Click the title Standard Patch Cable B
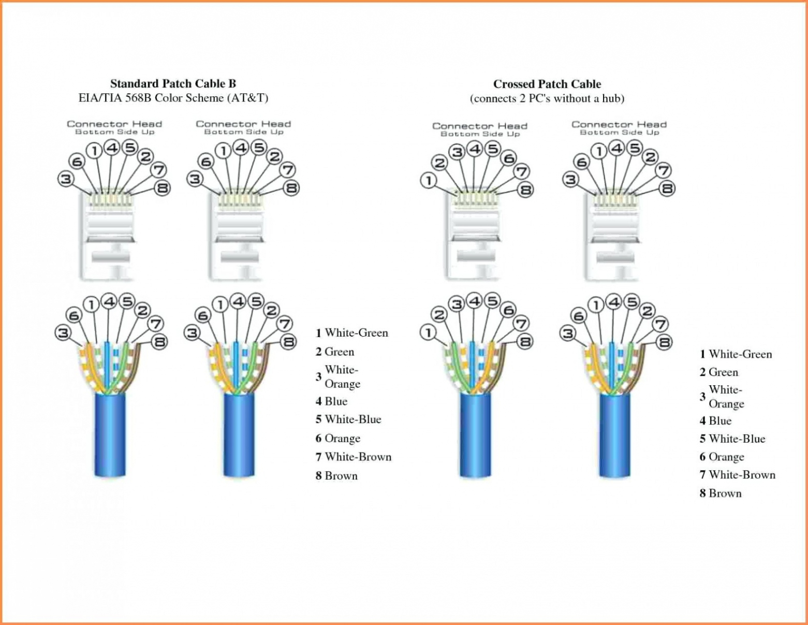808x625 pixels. tap(173, 83)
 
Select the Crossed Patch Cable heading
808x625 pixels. tap(547, 84)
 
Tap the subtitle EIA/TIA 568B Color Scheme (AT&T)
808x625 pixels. tap(173, 98)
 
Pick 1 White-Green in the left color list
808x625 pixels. tap(352, 333)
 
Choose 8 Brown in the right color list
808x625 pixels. tap(721, 493)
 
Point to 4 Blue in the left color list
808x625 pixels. tap(331, 401)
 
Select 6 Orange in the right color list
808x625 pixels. tap(722, 457)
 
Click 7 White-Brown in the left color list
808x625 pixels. tap(354, 457)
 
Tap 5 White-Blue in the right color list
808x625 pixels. tap(732, 439)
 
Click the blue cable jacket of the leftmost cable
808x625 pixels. tap(110, 435)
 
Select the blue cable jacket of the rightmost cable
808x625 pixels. tap(615, 435)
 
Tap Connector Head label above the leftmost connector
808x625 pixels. tap(114, 124)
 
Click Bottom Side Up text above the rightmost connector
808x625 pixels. tap(619, 133)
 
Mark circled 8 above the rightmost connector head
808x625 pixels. tap(667, 189)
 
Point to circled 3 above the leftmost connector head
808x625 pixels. tap(65, 180)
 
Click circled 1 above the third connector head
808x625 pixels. tap(429, 181)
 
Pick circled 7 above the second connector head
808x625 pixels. tap(287, 169)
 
